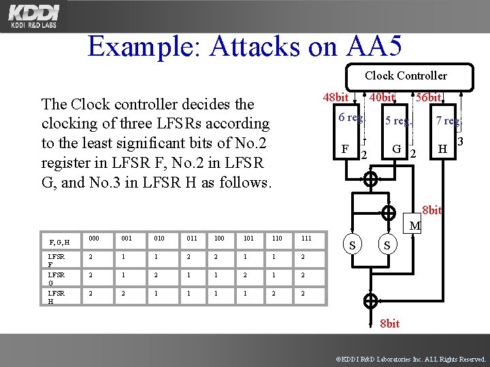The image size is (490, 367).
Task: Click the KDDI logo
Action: click(34, 15)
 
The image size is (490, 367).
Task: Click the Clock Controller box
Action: click(406, 75)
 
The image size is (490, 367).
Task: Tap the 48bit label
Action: click(337, 98)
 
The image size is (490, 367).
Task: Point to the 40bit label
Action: click(382, 98)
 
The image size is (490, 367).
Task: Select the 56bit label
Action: click(429, 98)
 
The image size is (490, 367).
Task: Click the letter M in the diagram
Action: click(415, 226)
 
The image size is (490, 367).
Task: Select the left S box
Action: click(352, 245)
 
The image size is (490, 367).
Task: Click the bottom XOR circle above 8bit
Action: click(371, 300)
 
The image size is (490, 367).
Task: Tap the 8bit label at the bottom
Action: click(389, 324)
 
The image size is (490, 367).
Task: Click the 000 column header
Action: click(93, 239)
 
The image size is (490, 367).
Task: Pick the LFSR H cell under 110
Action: click(275, 294)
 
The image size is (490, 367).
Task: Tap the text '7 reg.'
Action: click(448, 122)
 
